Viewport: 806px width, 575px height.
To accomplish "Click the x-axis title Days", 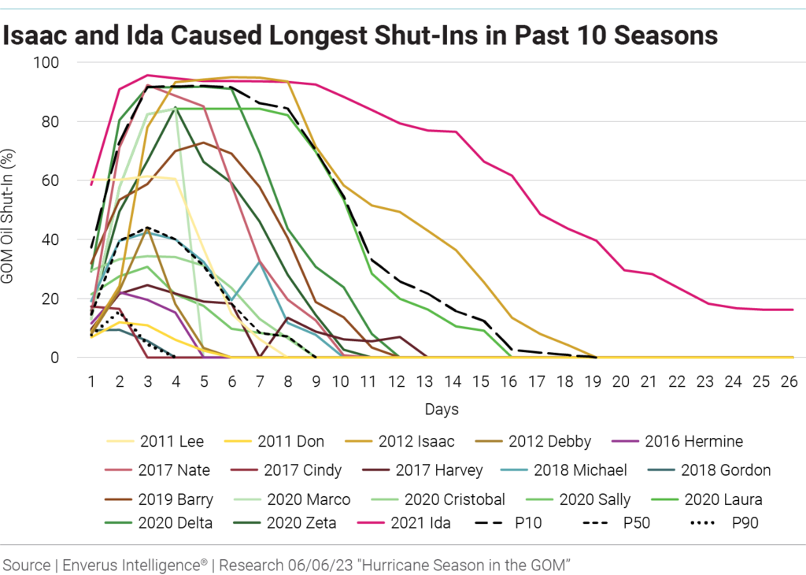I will pyautogui.click(x=442, y=410).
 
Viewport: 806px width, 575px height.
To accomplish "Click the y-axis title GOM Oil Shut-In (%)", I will pyautogui.click(x=18, y=210).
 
